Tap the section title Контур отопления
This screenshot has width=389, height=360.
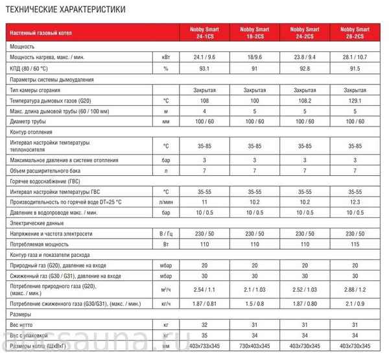pos(31,133)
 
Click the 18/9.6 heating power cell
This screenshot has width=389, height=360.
pos(256,57)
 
